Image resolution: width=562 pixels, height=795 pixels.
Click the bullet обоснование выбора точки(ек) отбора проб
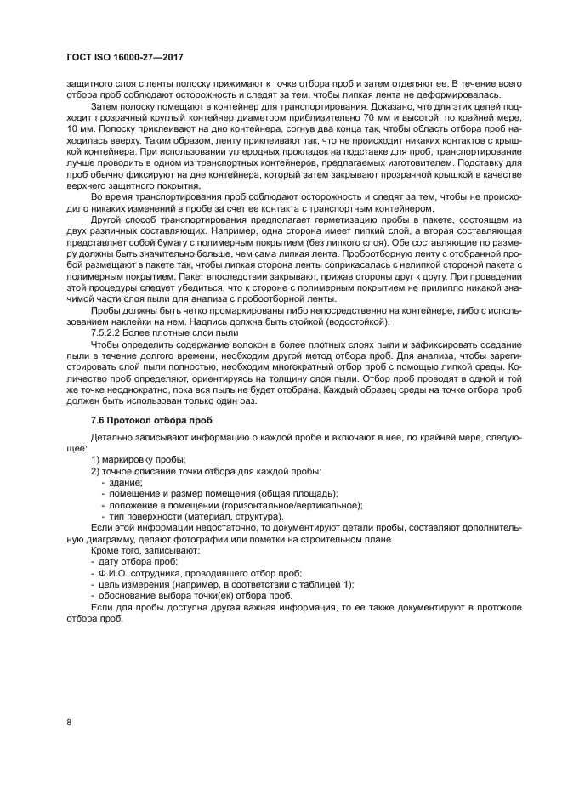[x=188, y=596]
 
